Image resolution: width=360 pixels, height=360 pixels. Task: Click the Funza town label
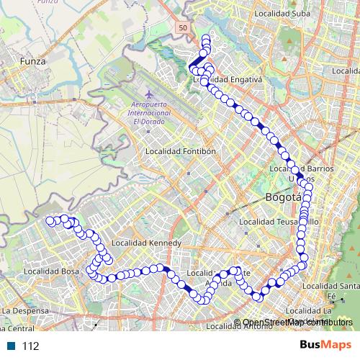(x=33, y=62)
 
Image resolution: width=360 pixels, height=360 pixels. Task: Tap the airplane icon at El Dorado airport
(x=150, y=94)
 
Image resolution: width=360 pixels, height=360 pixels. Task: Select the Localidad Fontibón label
(x=181, y=152)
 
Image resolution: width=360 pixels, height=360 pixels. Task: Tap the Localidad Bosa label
(x=50, y=271)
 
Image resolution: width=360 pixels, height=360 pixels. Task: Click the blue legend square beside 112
(x=12, y=346)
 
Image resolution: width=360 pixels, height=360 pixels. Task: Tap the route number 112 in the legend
(x=31, y=346)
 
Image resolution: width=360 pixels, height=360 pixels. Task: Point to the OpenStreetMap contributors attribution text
(x=297, y=322)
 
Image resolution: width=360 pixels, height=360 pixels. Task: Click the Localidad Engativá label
(x=229, y=78)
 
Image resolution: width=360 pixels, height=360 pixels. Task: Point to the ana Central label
(x=17, y=328)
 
